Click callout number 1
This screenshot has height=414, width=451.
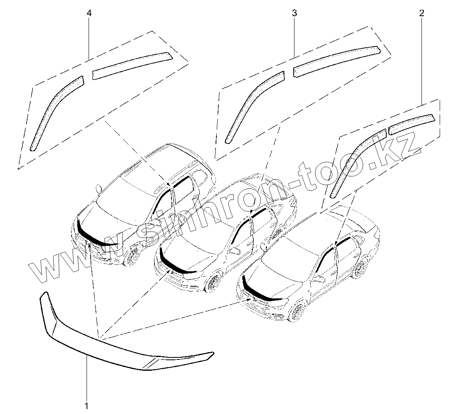tap(87, 404)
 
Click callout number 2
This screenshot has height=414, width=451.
tap(422, 13)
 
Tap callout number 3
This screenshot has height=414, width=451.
tap(294, 13)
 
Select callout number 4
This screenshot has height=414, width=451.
tap(89, 13)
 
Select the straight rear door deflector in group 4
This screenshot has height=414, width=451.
tap(131, 65)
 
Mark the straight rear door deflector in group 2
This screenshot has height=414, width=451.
tap(411, 121)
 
